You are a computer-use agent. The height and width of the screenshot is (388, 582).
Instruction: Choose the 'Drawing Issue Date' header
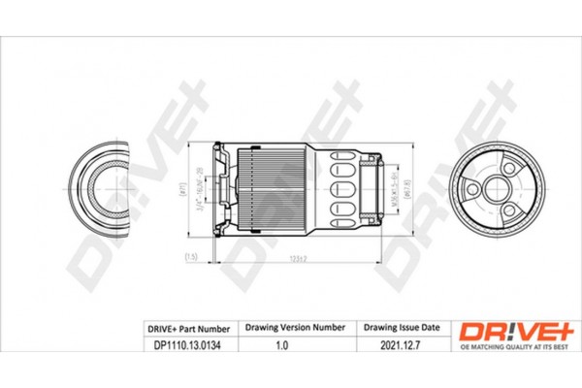click(400, 330)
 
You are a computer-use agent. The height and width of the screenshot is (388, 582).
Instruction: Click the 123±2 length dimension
click(298, 257)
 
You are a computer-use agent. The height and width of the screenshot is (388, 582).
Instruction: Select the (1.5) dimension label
click(191, 257)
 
